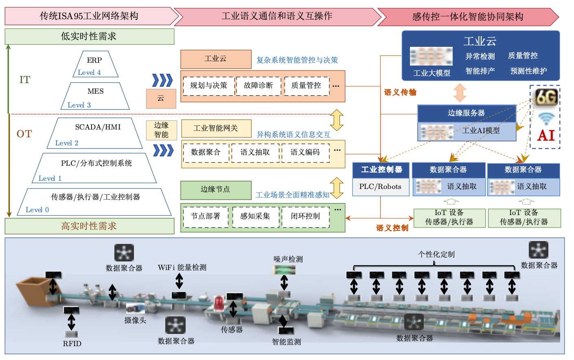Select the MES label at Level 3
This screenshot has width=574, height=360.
coord(96,91)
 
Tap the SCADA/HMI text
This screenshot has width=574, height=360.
coord(98,127)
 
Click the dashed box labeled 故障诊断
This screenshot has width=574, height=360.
coord(259,86)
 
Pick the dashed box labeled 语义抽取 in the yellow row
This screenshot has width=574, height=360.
coord(255,152)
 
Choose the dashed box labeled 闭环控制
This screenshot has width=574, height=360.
coord(305,217)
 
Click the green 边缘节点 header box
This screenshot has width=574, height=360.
coord(215,190)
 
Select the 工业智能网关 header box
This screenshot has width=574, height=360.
coord(216,128)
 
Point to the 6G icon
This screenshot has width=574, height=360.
coord(546,97)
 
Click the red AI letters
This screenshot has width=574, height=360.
coord(546,135)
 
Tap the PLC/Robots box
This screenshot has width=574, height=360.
coord(380,187)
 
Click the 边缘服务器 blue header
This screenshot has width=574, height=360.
coord(467,113)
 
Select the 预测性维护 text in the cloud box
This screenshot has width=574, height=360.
coord(528,71)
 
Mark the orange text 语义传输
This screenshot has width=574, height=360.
coord(400,92)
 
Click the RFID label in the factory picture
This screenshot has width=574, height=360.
coord(72,344)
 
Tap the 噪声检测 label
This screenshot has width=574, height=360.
coord(288,259)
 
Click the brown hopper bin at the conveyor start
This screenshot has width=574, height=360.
coord(35,290)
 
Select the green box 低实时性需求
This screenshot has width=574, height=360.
coord(89,37)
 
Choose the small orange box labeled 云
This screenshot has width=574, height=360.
coord(161,99)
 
